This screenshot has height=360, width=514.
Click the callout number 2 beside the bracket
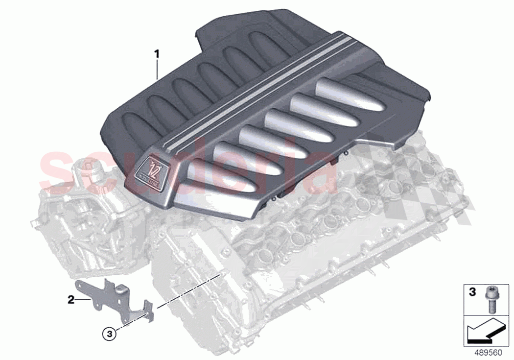(71, 299)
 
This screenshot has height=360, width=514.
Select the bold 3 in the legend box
(472, 292)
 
